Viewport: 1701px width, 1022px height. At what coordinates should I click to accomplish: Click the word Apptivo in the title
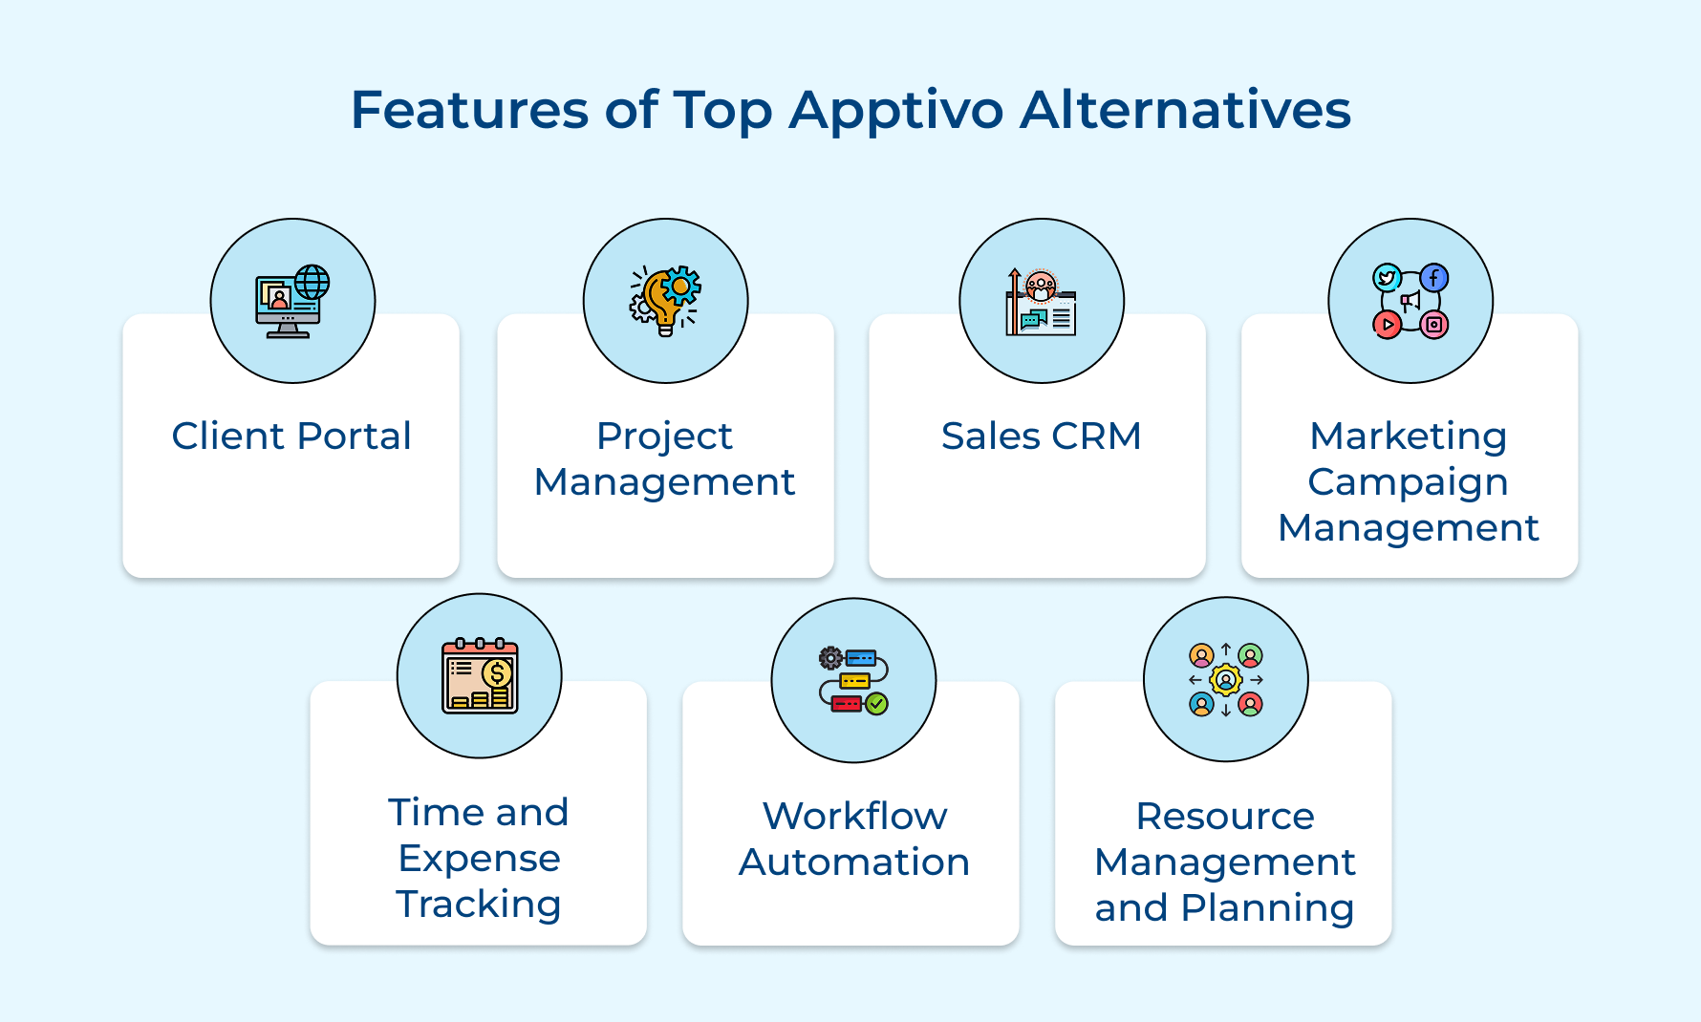pyautogui.click(x=895, y=111)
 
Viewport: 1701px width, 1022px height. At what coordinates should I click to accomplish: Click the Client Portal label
pyautogui.click(x=291, y=436)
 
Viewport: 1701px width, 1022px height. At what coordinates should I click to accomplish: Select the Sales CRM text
pyautogui.click(x=1041, y=436)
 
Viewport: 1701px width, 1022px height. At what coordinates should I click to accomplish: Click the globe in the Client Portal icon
pyautogui.click(x=312, y=282)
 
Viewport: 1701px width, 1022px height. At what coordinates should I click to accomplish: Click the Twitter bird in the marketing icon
pyautogui.click(x=1387, y=278)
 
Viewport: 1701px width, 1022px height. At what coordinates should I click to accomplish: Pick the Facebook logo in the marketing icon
pyautogui.click(x=1433, y=278)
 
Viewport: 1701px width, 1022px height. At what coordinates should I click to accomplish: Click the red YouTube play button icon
pyautogui.click(x=1387, y=325)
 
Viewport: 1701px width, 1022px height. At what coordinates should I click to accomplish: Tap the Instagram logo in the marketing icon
pyautogui.click(x=1433, y=325)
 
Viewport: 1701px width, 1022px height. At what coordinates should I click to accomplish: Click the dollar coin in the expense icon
pyautogui.click(x=496, y=673)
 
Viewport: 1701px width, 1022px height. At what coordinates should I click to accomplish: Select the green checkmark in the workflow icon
pyautogui.click(x=876, y=704)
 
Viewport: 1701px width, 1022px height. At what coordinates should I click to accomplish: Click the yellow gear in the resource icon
pyautogui.click(x=1225, y=680)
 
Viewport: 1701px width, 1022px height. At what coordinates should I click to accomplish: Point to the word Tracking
pyautogui.click(x=479, y=905)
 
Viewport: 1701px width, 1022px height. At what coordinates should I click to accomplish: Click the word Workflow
pyautogui.click(x=854, y=817)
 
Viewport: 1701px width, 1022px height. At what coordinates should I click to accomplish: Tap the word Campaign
pyautogui.click(x=1408, y=482)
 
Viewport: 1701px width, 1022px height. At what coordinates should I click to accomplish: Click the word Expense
pyautogui.click(x=479, y=859)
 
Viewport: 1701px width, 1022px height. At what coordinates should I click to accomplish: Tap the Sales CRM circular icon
pyautogui.click(x=1041, y=301)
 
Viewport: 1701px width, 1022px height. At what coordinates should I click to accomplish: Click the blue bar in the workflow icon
pyautogui.click(x=860, y=658)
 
